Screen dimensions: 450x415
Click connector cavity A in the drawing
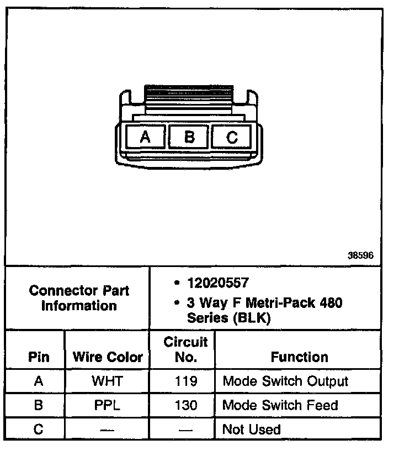[145, 137]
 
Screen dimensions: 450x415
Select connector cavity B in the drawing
[189, 137]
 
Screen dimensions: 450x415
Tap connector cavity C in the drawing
[232, 137]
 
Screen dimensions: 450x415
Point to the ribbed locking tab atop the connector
[188, 95]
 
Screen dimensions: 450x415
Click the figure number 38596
[361, 255]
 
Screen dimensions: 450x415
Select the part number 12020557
[218, 283]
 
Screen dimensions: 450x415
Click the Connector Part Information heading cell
[78, 298]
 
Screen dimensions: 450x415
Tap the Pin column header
[38, 357]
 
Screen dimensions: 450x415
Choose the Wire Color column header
[108, 357]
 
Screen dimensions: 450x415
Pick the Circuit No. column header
[185, 349]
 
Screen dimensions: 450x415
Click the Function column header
[299, 357]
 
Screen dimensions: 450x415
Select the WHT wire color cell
[108, 381]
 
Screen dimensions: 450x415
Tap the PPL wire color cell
[108, 405]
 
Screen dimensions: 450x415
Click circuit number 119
[185, 381]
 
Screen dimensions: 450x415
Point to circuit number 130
[185, 405]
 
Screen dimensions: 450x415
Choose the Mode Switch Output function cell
[285, 381]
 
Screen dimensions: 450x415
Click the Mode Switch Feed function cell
[280, 405]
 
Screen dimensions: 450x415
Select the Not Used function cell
[251, 429]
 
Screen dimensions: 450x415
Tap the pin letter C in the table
[38, 429]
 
